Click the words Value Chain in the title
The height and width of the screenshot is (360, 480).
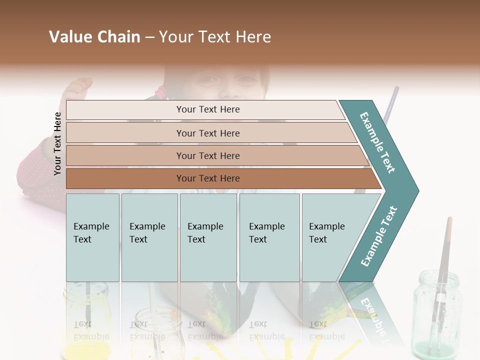point(94,37)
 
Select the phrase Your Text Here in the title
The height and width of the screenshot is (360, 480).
point(215,37)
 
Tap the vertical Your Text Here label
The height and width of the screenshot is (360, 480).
point(57,143)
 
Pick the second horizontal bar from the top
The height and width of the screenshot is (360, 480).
point(207,133)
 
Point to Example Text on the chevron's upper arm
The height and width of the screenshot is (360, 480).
point(377,142)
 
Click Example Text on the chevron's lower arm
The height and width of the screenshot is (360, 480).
point(379,236)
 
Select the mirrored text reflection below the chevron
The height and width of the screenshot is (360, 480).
point(372,312)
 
